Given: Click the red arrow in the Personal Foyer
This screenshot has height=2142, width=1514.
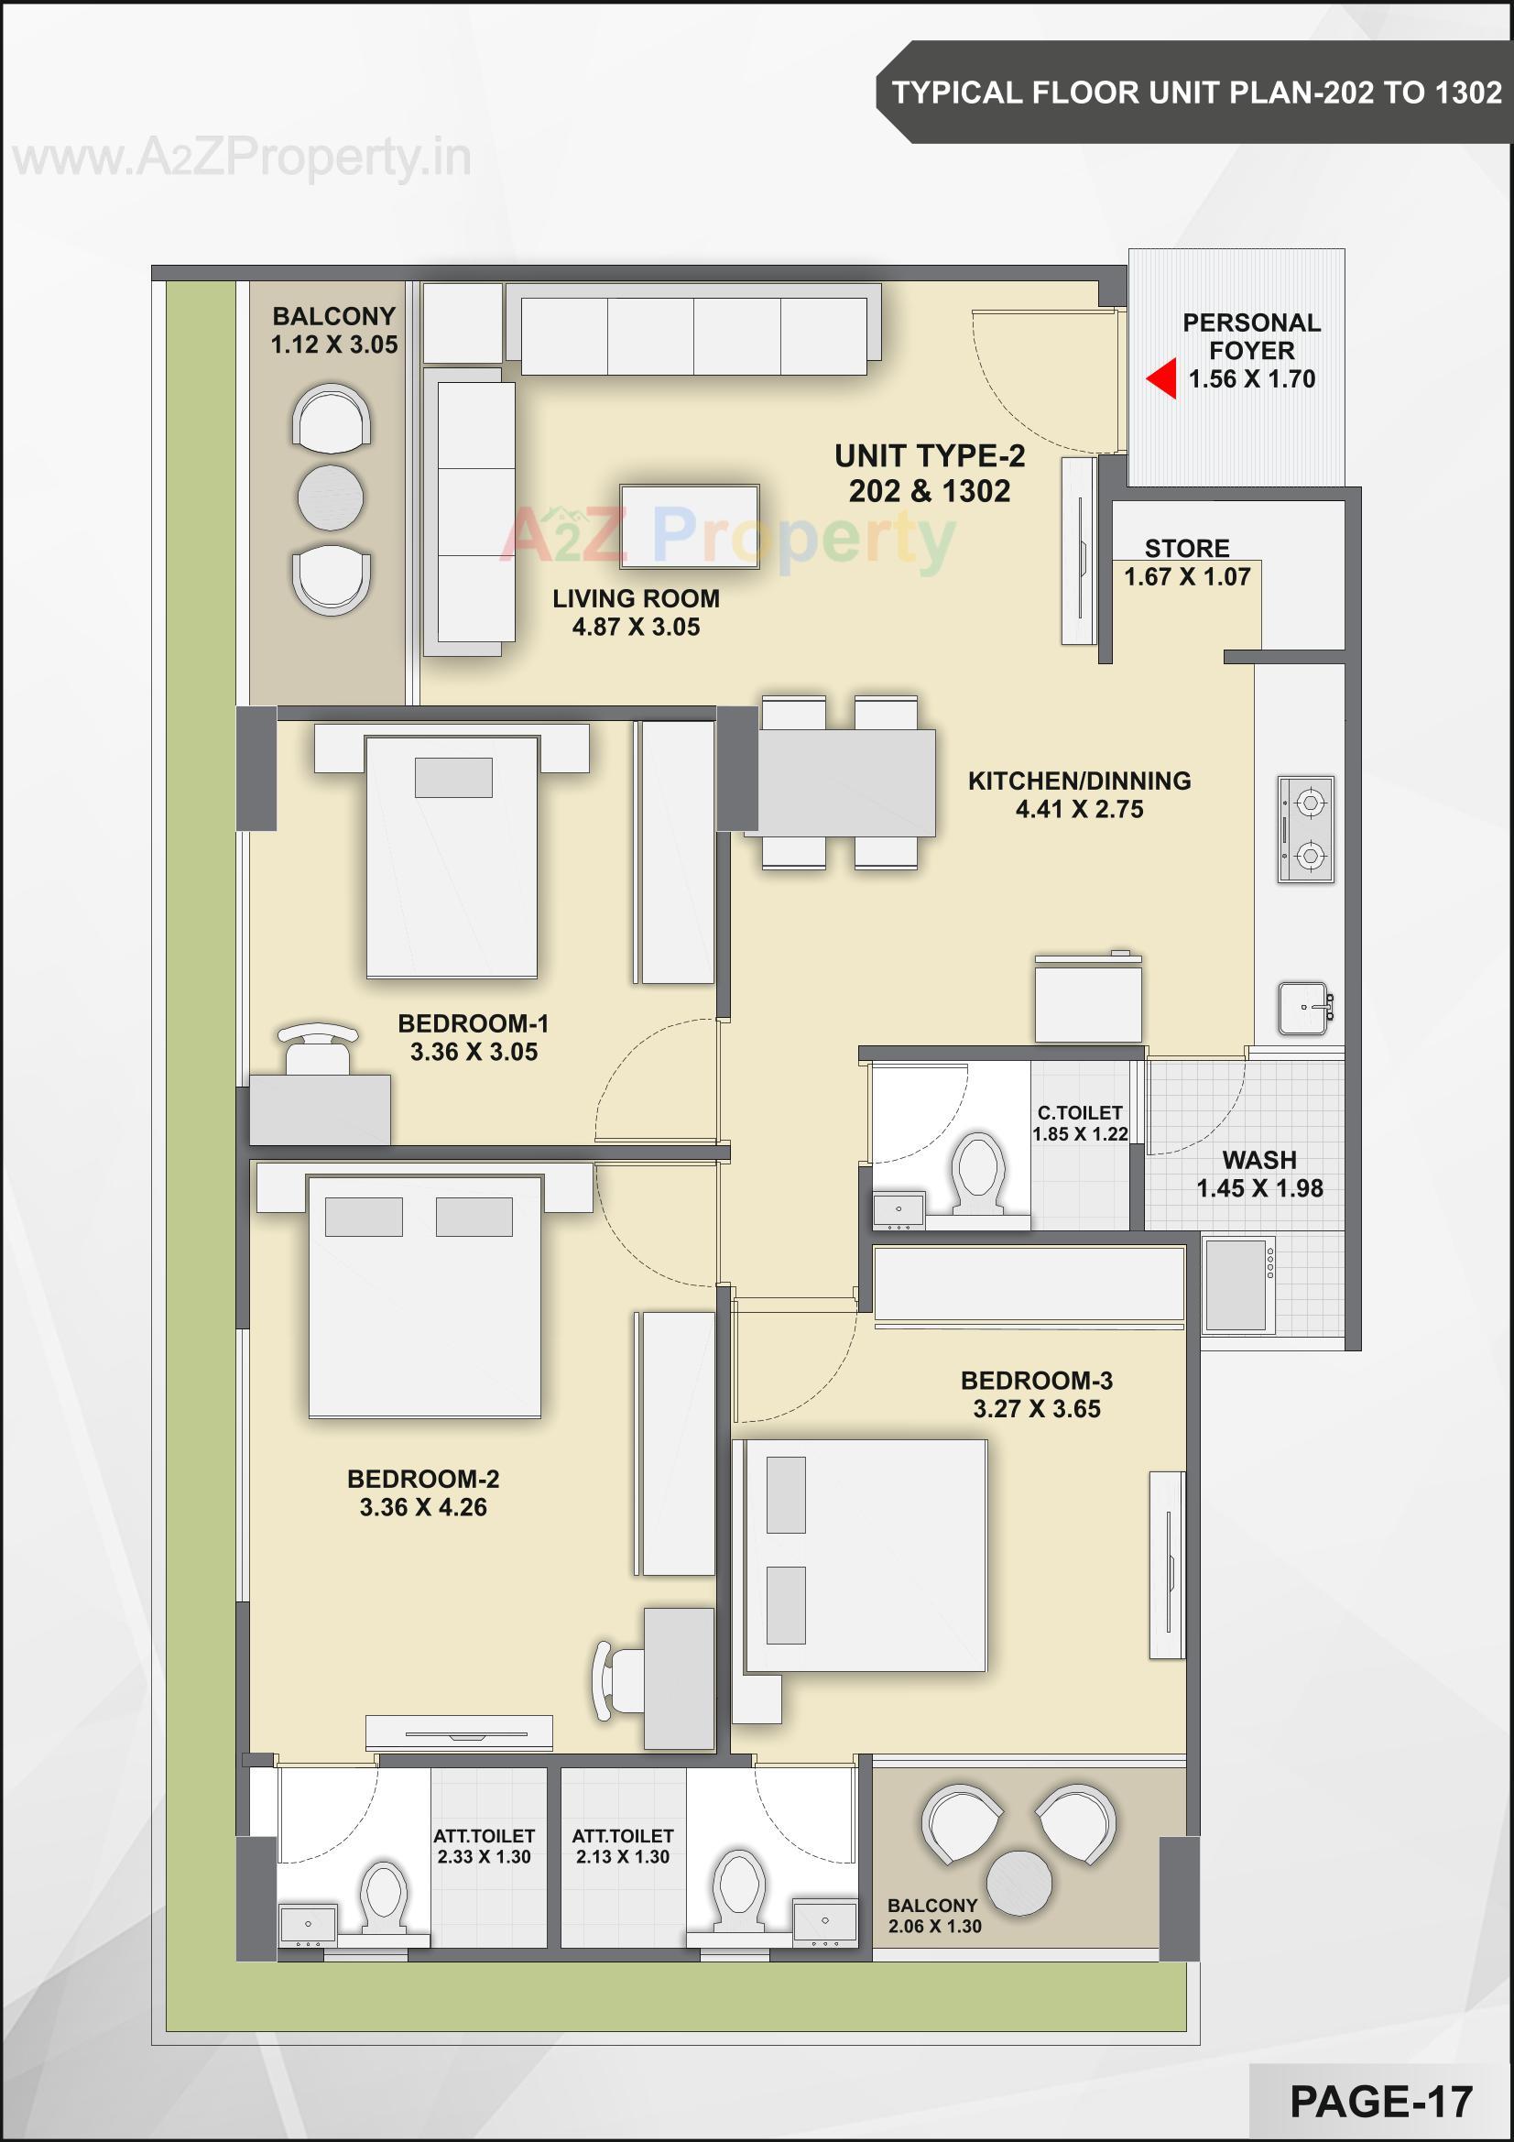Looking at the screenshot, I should (1161, 378).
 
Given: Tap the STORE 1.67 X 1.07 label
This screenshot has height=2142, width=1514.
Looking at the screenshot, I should (1187, 563).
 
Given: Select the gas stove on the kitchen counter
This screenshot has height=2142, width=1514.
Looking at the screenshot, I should (1306, 828).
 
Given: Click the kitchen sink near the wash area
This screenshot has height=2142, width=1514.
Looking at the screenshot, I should (1304, 1008).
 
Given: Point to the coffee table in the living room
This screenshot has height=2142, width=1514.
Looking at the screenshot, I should (690, 526).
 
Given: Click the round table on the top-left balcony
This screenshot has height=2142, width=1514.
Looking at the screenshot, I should (331, 497).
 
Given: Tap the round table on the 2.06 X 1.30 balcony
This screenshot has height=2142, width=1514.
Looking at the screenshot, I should (1018, 1883).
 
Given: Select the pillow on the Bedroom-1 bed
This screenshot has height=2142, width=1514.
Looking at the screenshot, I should (453, 777).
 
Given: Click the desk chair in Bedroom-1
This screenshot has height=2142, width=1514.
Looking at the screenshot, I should (318, 1052).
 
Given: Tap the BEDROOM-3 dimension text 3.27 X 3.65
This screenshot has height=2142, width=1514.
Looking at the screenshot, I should (1037, 1409).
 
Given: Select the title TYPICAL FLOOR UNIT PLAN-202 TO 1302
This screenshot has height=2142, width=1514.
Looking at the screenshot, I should (1196, 93).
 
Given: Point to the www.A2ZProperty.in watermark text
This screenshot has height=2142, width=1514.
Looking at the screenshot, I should (243, 158).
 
